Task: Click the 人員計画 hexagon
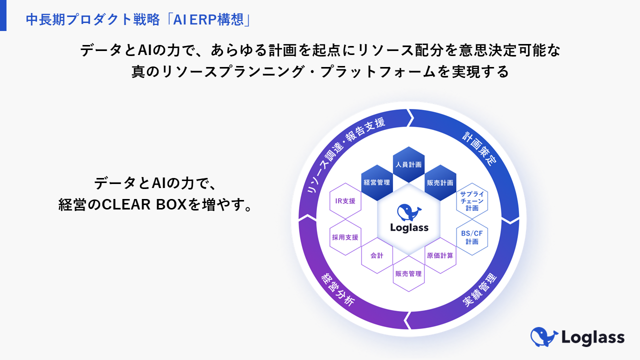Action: click(409, 164)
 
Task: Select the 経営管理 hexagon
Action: click(377, 182)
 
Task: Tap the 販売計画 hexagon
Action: click(440, 182)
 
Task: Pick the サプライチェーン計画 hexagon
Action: click(471, 200)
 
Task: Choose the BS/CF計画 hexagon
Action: click(471, 237)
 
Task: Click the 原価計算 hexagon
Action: click(440, 255)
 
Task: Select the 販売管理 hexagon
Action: click(408, 273)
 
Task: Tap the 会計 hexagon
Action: click(377, 255)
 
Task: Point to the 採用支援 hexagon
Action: click(345, 237)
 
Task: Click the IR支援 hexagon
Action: click(345, 201)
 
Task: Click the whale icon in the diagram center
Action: click(409, 212)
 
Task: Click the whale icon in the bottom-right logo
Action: click(543, 336)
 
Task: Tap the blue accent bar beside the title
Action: click(3, 15)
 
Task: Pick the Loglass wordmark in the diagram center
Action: click(409, 227)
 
